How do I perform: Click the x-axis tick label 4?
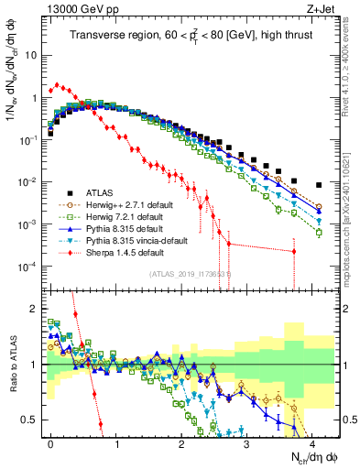tap(311, 441)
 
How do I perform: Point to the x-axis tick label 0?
tap(50, 441)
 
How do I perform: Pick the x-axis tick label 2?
tap(180, 441)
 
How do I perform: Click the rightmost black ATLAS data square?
tap(318, 184)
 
